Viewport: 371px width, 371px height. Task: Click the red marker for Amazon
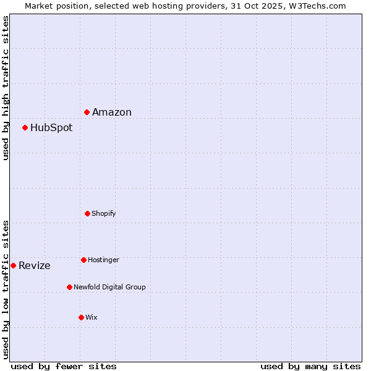pyautogui.click(x=87, y=112)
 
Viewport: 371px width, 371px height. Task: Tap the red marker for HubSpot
pyautogui.click(x=25, y=128)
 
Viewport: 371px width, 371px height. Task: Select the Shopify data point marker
pyautogui.click(x=87, y=213)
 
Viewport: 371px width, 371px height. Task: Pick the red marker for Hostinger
pyautogui.click(x=83, y=260)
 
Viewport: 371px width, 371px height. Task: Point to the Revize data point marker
pyautogui.click(x=13, y=265)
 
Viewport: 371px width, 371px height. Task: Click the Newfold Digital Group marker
pyautogui.click(x=69, y=287)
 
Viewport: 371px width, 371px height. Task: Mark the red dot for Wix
pyautogui.click(x=81, y=317)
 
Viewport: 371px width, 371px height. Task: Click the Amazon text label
pyautogui.click(x=112, y=112)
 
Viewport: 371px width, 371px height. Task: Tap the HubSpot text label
pyautogui.click(x=51, y=128)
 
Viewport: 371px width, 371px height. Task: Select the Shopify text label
pyautogui.click(x=104, y=213)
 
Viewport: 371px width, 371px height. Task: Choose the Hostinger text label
pyautogui.click(x=103, y=260)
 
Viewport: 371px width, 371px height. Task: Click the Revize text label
pyautogui.click(x=35, y=266)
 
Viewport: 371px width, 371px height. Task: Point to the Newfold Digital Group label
pyautogui.click(x=109, y=287)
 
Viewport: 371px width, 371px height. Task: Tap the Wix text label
pyautogui.click(x=92, y=317)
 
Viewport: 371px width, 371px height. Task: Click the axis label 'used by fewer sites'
pyautogui.click(x=64, y=366)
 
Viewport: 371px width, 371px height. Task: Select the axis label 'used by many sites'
pyautogui.click(x=310, y=366)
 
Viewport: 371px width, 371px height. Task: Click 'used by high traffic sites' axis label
pyautogui.click(x=6, y=88)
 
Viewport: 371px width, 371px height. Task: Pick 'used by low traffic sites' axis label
pyautogui.click(x=6, y=289)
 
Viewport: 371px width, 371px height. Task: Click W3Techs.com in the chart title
pyautogui.click(x=318, y=6)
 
